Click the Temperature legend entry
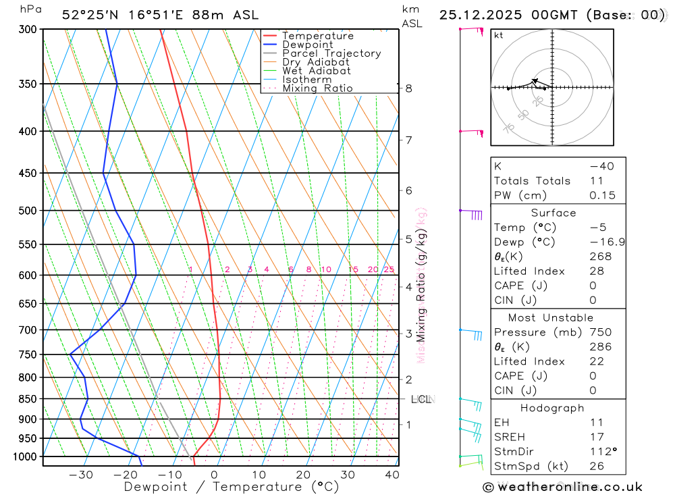coord(317,36)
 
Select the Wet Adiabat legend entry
coord(316,71)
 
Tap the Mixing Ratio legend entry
coord(317,88)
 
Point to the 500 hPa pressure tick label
coord(28,211)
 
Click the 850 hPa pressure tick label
coord(28,399)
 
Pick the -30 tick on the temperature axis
coord(81,475)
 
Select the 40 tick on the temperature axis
coord(391,475)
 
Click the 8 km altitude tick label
coord(408,88)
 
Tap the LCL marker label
coord(421,400)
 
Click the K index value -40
coord(601,166)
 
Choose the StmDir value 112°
coord(602,452)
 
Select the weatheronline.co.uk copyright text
coord(563,487)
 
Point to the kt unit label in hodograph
coord(499,35)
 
